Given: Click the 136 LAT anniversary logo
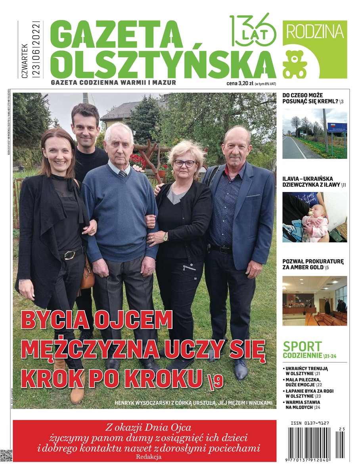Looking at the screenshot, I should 253,30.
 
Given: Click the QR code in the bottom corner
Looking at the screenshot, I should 6,456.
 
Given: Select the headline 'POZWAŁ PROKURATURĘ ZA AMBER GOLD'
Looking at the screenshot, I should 313,265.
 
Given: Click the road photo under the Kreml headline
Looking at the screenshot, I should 314,133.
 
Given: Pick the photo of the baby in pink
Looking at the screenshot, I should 314,217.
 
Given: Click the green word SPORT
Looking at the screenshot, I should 302,346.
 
